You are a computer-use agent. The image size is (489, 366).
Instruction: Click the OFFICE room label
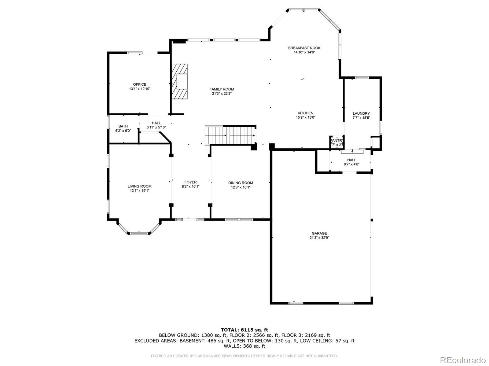pos(139,84)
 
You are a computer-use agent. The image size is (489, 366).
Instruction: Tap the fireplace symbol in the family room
pos(179,81)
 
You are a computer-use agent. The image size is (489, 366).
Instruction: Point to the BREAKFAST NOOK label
pos(304,48)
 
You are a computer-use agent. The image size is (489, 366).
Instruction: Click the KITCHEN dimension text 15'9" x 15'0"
pos(305,117)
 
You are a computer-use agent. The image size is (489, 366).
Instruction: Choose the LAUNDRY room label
pos(361,113)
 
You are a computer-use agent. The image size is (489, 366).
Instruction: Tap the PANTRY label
pos(337,141)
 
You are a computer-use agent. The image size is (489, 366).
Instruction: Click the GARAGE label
pos(319,233)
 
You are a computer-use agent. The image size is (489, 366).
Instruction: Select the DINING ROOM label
pos(241,183)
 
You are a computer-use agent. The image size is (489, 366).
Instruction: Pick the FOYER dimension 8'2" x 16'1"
pos(190,187)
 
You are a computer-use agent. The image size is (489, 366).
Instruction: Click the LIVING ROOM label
pos(139,186)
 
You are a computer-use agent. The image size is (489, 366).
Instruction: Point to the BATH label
pos(123,126)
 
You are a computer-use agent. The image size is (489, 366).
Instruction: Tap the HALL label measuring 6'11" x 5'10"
pos(156,123)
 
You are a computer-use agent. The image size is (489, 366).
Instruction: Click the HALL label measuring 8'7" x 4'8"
pos(351,160)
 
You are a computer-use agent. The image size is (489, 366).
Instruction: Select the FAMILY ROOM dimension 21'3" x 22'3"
pos(222,94)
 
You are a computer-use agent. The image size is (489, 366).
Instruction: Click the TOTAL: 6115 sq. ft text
pos(244,330)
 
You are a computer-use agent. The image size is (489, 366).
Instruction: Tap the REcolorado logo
pos(465,360)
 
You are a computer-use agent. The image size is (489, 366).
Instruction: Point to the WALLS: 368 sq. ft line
pos(244,346)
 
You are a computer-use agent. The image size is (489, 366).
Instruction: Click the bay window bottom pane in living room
pos(139,233)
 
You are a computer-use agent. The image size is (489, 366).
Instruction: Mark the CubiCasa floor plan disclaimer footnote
pos(244,356)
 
